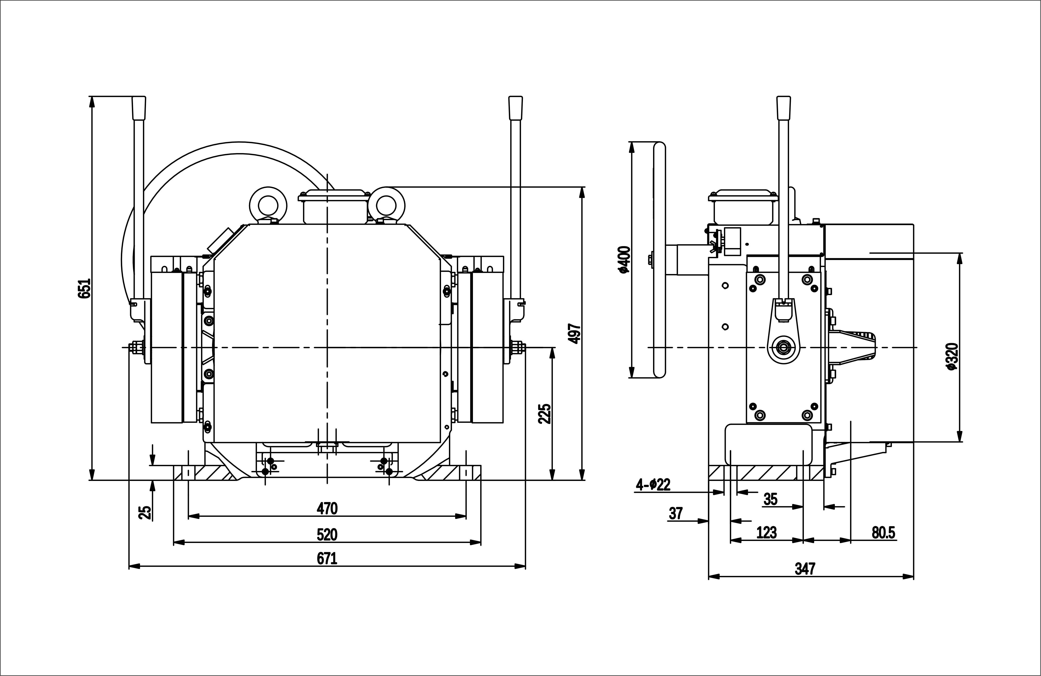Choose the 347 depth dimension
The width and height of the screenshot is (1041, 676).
pyautogui.click(x=805, y=568)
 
